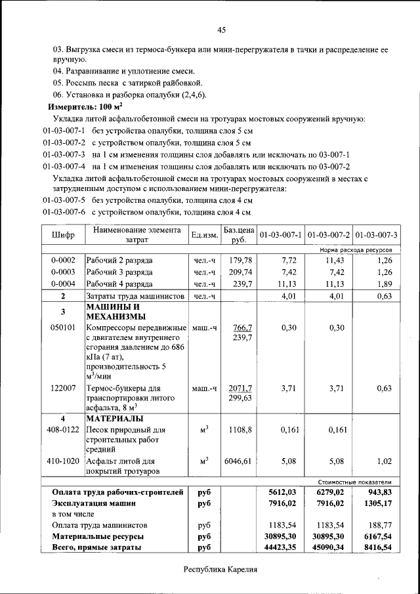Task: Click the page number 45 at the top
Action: coord(221,30)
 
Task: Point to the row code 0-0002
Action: coord(64,260)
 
